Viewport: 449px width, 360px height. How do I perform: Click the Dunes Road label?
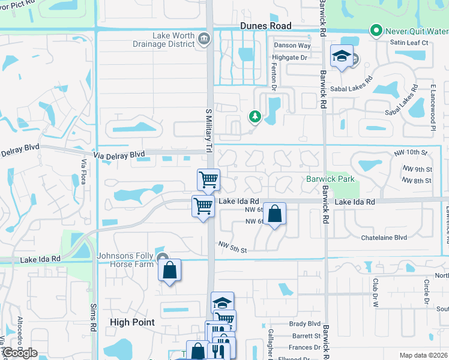pyautogui.click(x=265, y=26)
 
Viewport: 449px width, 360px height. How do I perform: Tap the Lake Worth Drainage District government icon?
pyautogui.click(x=203, y=40)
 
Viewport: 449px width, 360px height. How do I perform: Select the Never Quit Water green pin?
pyautogui.click(x=377, y=29)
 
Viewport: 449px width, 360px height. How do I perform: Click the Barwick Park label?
pyautogui.click(x=331, y=179)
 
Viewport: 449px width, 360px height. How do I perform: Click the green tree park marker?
pyautogui.click(x=255, y=116)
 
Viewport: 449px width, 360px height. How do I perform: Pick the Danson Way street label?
pyautogui.click(x=292, y=46)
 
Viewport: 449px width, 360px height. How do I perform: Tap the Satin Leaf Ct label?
pyautogui.click(x=408, y=43)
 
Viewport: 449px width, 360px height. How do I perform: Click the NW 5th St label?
pyautogui.click(x=233, y=246)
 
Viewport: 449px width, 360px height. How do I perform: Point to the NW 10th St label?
pyautogui.click(x=410, y=153)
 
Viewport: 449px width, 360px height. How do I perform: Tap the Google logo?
pyautogui.click(x=19, y=353)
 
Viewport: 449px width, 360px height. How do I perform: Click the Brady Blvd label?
pyautogui.click(x=305, y=323)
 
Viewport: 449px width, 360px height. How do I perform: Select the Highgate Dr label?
pyautogui.click(x=291, y=58)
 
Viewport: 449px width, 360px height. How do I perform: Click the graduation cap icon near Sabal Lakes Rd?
pyautogui.click(x=342, y=57)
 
